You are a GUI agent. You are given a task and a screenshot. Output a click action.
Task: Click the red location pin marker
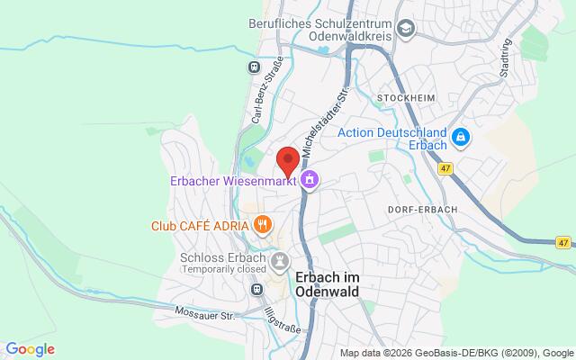[x=288, y=160]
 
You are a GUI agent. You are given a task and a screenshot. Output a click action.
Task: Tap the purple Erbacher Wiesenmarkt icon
[x=310, y=180]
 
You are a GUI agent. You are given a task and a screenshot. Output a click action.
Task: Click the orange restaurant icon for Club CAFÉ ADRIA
[x=263, y=224]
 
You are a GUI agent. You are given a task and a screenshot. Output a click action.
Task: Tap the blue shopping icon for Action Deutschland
[x=460, y=138]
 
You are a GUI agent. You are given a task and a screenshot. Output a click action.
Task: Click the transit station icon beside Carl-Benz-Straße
[x=256, y=66]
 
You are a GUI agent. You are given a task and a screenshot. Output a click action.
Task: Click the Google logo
[x=30, y=349]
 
